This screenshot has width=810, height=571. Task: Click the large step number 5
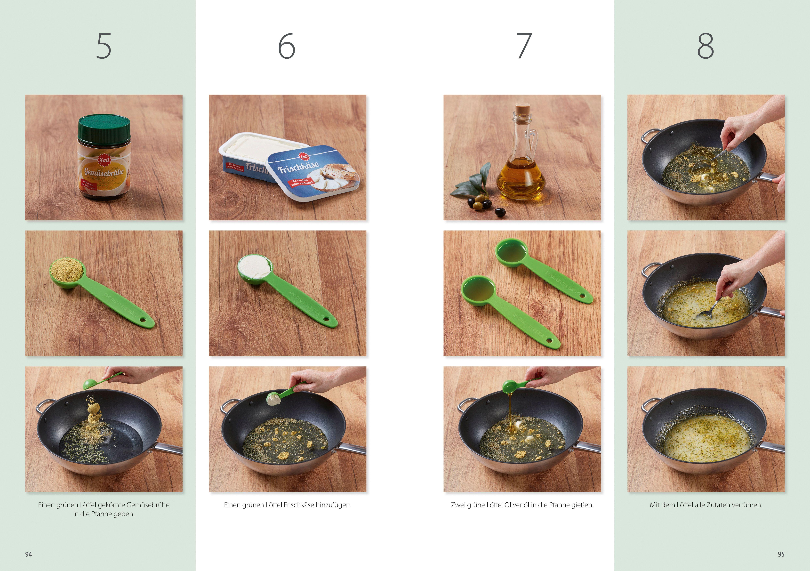coord(104,46)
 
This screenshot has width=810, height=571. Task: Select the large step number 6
coord(286,46)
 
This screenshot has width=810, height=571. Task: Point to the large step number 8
coord(706,46)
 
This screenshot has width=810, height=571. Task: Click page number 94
coord(29,554)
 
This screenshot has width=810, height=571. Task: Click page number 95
coord(781,554)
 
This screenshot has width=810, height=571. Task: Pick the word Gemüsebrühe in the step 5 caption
coord(148,505)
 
